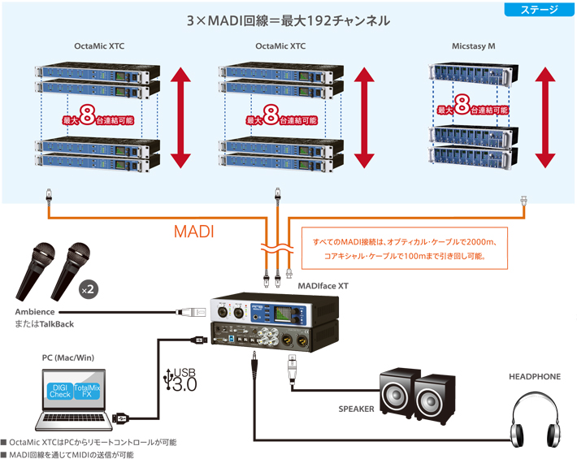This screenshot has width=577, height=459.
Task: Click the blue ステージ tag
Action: tap(538, 11)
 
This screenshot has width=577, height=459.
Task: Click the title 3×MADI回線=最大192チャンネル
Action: tap(288, 20)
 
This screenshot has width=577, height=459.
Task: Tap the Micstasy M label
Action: tap(474, 46)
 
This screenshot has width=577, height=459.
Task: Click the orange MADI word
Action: tap(194, 232)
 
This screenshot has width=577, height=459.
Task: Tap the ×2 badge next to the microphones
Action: tap(88, 289)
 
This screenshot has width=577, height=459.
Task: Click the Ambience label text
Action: tap(35, 312)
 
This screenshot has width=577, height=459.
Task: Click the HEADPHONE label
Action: tap(534, 377)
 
